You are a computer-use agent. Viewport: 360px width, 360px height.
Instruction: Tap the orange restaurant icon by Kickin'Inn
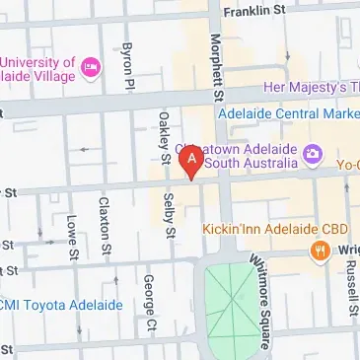319,252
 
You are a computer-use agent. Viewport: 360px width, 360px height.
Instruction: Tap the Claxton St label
102,225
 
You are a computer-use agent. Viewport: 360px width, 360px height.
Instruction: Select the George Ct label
148,303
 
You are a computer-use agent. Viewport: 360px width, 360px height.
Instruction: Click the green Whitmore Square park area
229,301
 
